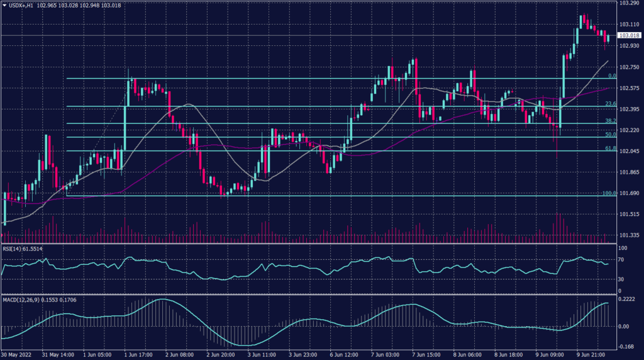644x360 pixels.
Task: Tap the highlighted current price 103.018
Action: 628,36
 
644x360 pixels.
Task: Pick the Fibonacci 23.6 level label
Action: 609,104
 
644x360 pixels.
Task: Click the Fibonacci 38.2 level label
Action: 609,121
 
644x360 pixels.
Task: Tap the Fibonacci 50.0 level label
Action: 609,135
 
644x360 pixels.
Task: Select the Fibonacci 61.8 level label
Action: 609,149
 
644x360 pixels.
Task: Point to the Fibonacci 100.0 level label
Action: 608,193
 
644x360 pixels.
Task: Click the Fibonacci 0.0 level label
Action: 611,76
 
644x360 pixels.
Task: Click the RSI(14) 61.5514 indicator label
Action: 23,249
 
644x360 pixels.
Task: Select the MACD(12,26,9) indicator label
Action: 23,299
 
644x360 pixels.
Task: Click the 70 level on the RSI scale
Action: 621,258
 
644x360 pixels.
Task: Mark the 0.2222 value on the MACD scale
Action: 626,299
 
